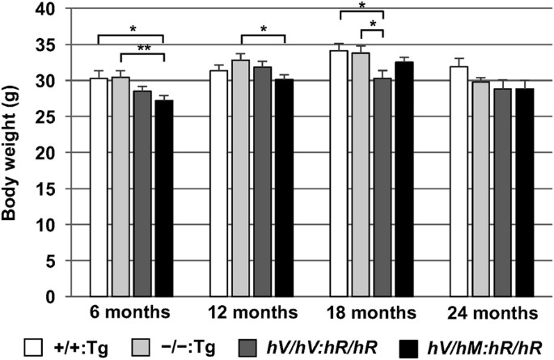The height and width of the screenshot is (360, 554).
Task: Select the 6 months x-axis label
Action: tap(130, 313)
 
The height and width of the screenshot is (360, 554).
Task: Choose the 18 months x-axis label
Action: tap(371, 313)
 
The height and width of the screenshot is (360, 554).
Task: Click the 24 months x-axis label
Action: tap(492, 313)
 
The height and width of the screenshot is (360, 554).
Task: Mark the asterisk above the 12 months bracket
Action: tap(263, 30)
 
